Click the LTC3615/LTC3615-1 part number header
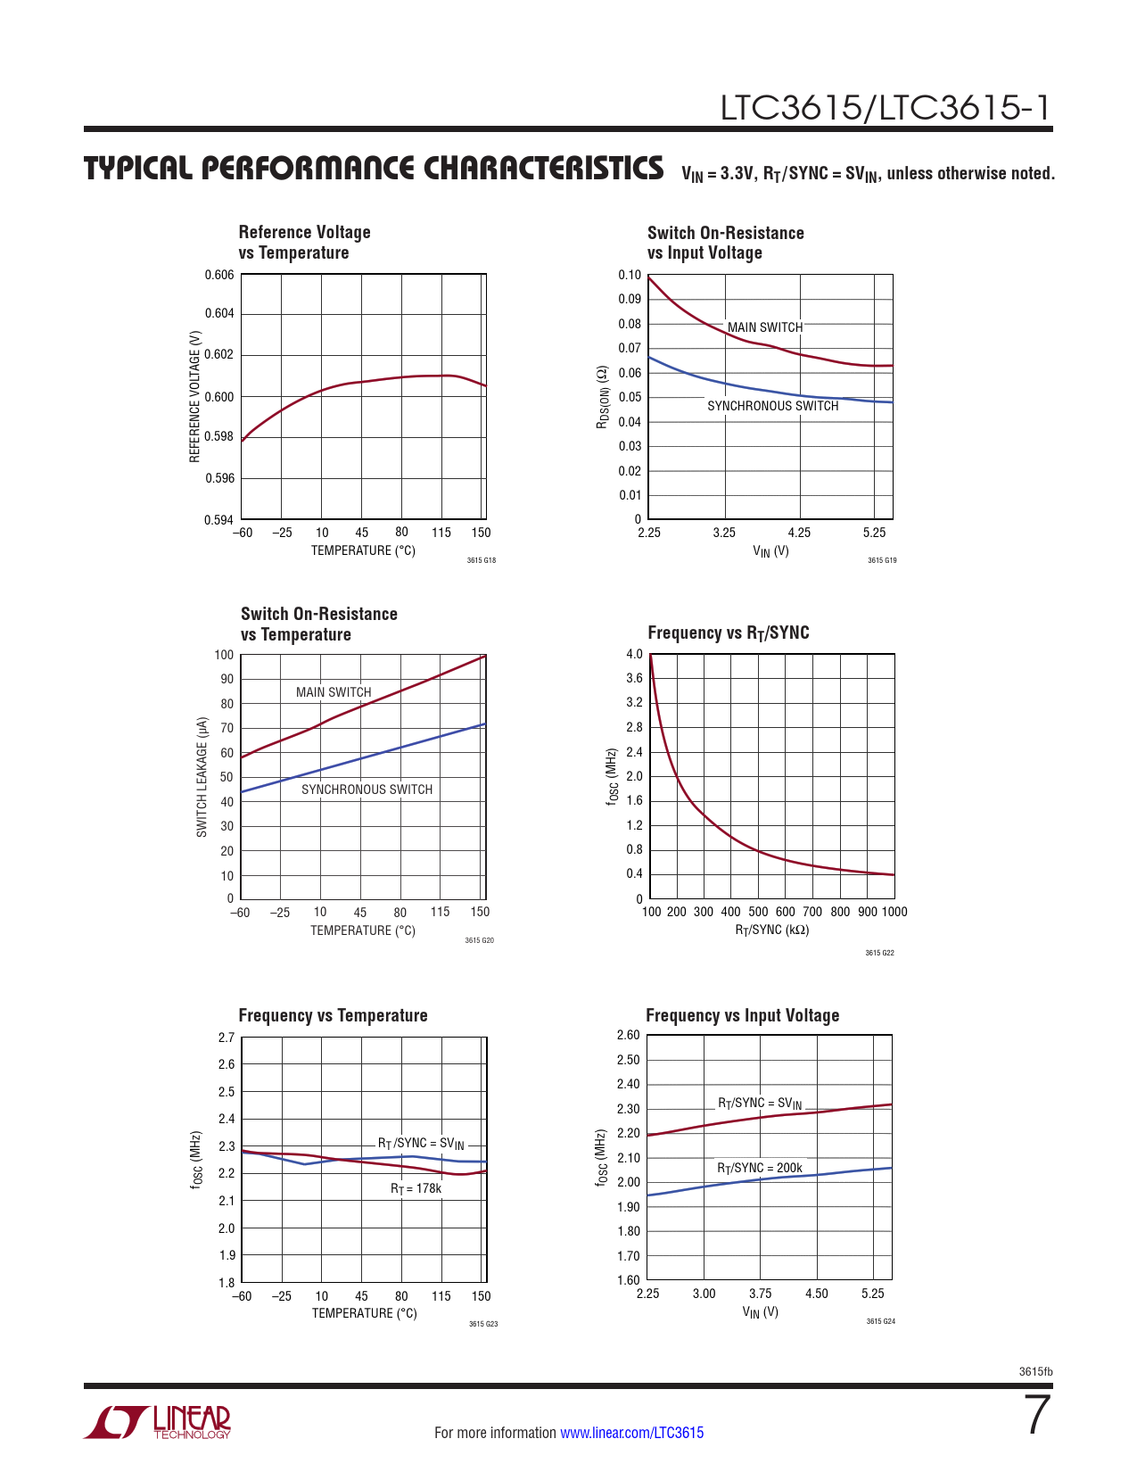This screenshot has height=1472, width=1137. pos(886,108)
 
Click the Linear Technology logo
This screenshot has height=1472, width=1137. pos(158,1422)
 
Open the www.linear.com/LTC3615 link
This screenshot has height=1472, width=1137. pos(631,1433)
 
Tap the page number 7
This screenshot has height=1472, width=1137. pos(1037,1416)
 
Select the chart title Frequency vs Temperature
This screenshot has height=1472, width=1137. pos(333,1015)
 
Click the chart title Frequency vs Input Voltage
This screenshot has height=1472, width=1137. pos(742,1015)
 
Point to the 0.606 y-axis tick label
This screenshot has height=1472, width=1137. pos(219,275)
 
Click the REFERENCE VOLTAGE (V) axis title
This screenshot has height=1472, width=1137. pos(195,397)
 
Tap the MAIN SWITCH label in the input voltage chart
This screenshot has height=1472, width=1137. pos(765,327)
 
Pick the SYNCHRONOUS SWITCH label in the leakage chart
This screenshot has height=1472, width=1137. pos(367,790)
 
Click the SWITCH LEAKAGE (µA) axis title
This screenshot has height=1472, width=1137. pos(202,777)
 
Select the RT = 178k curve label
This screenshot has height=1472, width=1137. pos(416,1188)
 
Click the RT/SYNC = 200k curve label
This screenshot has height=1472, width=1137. pos(760,1168)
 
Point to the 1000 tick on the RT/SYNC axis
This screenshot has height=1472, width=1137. pos(894,912)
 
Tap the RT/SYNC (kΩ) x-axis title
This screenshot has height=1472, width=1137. pos(771,930)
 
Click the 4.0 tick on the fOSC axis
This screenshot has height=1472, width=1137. pos(634,654)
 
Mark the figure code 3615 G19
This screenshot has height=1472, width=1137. pos(882,560)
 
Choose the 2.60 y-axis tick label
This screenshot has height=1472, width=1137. pos(628,1035)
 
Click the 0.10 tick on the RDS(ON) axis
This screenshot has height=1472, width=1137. pos(630,275)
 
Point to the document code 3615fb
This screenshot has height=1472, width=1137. pos(1035,1372)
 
